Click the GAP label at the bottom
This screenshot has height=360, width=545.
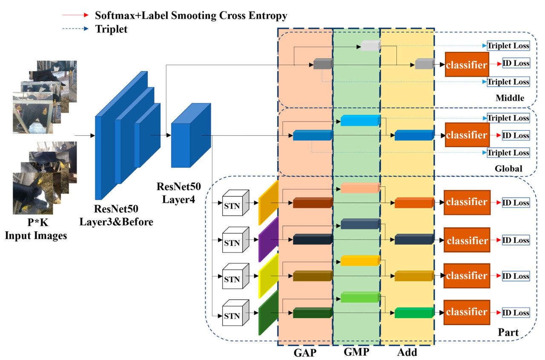[305, 352]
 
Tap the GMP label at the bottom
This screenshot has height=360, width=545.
[356, 352]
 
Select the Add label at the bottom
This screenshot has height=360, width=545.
[407, 352]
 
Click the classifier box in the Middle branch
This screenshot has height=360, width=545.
[467, 65]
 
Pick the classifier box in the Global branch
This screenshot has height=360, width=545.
[467, 135]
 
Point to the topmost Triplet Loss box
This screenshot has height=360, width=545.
[508, 46]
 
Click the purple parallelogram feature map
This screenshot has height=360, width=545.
[268, 239]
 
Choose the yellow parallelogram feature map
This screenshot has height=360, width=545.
[268, 276]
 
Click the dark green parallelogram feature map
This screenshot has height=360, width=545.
[268, 313]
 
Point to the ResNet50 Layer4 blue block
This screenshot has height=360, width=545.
[191, 135]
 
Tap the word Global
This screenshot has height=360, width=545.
[508, 169]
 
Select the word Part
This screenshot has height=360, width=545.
[508, 332]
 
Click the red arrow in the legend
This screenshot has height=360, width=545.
[77, 16]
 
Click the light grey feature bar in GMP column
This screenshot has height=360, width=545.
[370, 46]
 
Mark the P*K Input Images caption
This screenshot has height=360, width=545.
[36, 230]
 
